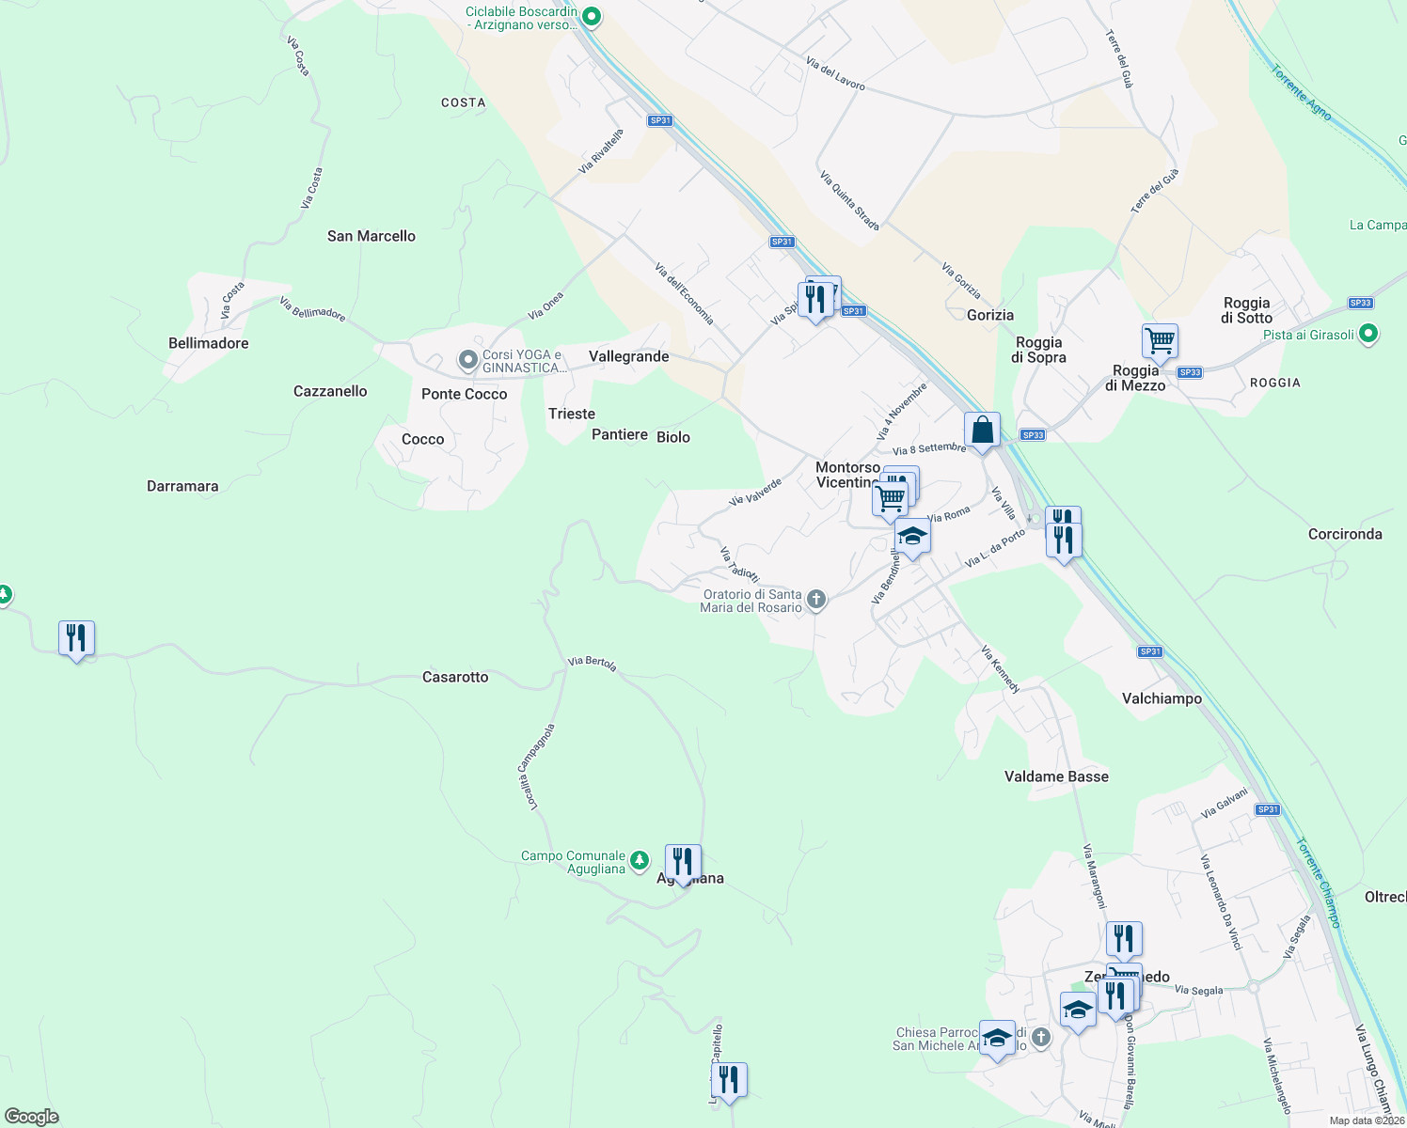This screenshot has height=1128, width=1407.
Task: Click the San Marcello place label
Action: click(371, 236)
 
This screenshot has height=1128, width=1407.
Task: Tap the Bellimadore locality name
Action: click(208, 343)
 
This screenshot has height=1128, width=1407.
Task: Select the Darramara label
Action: click(182, 486)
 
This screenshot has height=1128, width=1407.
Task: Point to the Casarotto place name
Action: click(455, 677)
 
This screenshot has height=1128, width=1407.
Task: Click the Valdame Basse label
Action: click(1056, 776)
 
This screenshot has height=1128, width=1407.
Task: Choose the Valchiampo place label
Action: click(1162, 698)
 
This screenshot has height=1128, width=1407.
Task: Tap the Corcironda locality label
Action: click(1345, 534)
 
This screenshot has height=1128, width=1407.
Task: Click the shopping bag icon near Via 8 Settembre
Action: click(982, 431)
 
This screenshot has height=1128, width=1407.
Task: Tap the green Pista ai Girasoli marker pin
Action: click(1369, 334)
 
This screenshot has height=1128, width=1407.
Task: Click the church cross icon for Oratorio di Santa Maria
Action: click(816, 599)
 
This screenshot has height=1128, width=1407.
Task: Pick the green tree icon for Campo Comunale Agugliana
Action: click(640, 860)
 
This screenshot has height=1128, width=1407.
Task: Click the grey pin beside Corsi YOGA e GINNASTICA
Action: click(467, 360)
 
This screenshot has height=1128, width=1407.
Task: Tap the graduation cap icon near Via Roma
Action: click(911, 537)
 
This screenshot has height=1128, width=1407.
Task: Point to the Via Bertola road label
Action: click(592, 663)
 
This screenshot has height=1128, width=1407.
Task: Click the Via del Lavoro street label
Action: click(835, 73)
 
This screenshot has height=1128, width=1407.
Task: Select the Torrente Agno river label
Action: click(1301, 92)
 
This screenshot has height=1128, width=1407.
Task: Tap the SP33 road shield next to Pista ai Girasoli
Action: click(1360, 303)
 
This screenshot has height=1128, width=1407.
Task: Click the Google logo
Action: click(32, 1117)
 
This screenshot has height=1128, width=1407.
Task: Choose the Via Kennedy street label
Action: click(1000, 669)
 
